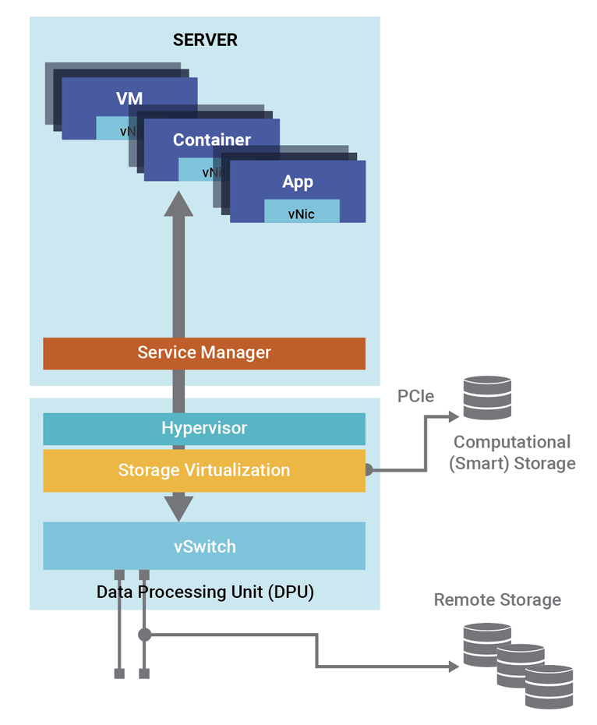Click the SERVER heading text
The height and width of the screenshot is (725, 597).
[205, 40]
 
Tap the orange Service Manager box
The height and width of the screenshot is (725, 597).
[204, 352]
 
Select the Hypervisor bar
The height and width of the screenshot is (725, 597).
[204, 428]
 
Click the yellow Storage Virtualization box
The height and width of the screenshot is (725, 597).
[204, 470]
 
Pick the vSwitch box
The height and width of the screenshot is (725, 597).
[204, 546]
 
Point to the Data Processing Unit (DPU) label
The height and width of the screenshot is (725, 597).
[205, 592]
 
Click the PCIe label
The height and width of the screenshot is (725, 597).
[415, 397]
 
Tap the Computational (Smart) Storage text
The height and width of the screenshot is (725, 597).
[512, 453]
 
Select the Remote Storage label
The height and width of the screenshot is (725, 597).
[497, 599]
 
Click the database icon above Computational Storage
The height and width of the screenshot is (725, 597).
[487, 398]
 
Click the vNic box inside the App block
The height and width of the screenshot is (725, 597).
[302, 212]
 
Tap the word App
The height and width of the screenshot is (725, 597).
[298, 182]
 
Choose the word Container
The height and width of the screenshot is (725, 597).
[212, 140]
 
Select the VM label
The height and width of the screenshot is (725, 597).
[129, 98]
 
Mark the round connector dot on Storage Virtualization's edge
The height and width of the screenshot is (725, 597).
[368, 470]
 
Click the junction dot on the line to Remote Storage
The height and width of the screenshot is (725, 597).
[144, 635]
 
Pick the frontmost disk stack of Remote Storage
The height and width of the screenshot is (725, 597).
[549, 686]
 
